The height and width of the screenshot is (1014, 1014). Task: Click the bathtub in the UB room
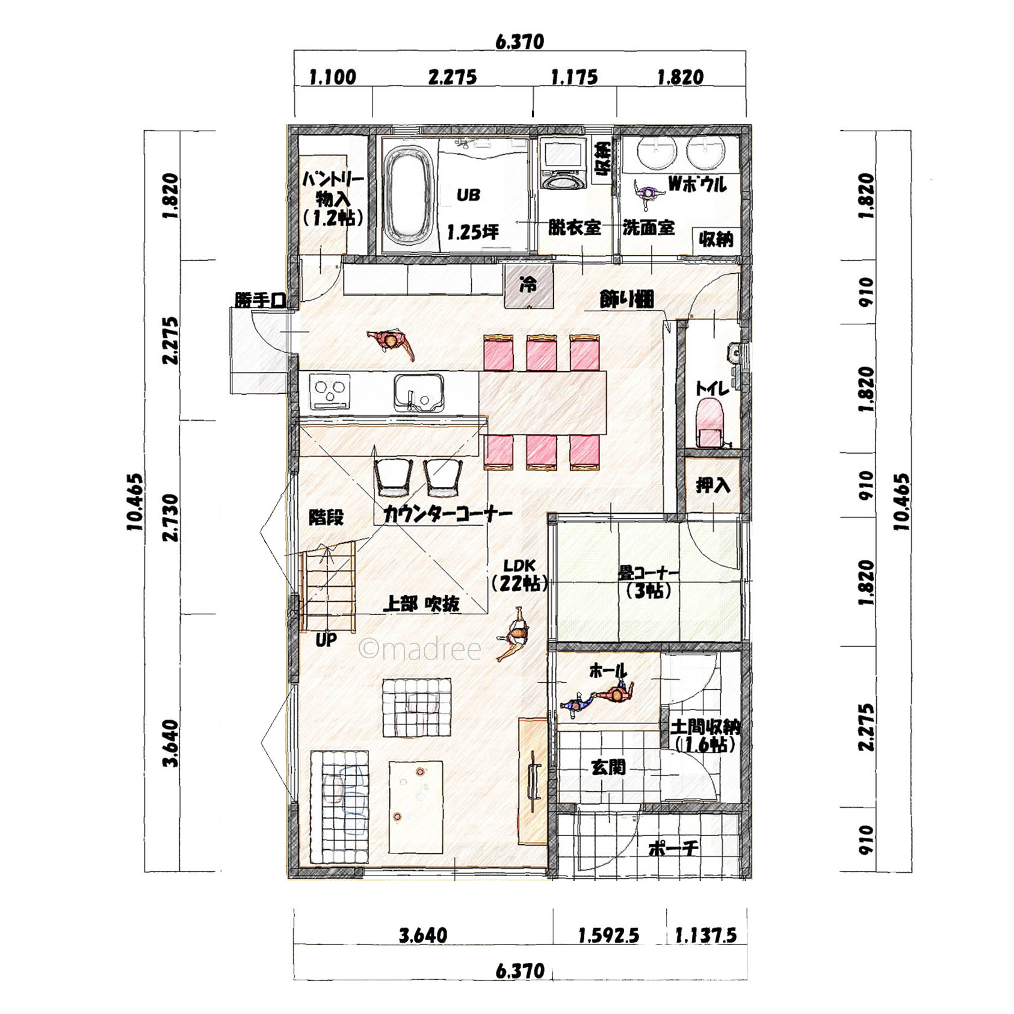click(x=409, y=193)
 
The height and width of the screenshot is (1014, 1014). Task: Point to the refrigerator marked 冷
click(x=528, y=286)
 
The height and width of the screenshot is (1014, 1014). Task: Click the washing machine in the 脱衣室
click(x=564, y=163)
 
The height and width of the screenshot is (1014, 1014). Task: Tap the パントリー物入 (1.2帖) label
click(x=333, y=199)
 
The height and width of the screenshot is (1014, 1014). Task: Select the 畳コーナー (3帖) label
click(x=649, y=582)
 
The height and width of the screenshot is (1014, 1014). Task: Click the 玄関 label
click(x=608, y=767)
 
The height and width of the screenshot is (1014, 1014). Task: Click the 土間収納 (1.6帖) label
click(x=705, y=735)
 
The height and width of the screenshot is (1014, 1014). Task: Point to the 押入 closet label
click(x=713, y=485)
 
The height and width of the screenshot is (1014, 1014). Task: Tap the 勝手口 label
click(x=260, y=300)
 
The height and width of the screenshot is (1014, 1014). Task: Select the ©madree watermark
click(x=420, y=649)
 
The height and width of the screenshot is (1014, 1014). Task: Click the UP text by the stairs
click(x=326, y=640)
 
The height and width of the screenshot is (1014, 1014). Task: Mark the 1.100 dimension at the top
click(x=332, y=77)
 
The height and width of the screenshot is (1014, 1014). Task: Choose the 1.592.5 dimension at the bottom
click(x=608, y=936)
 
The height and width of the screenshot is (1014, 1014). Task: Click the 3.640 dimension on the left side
click(x=172, y=743)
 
